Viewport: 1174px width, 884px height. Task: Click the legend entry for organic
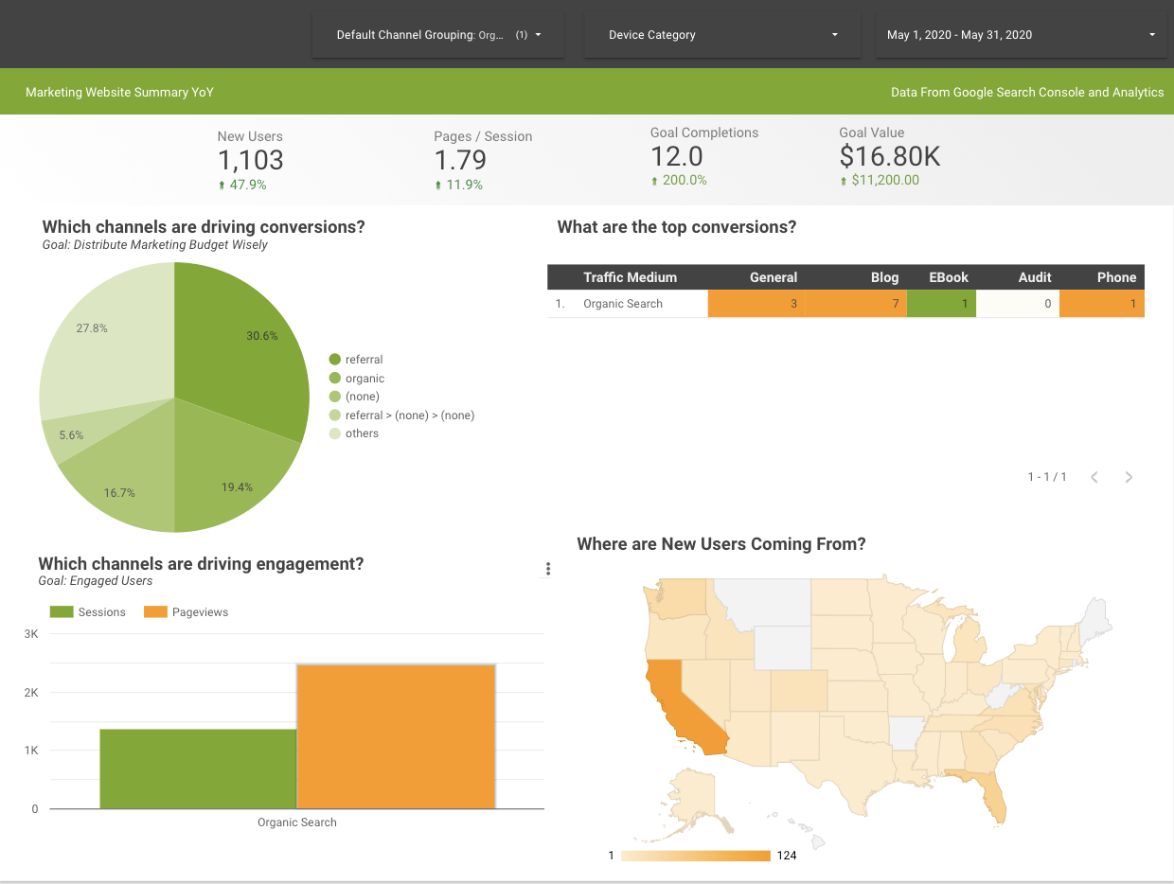click(x=364, y=379)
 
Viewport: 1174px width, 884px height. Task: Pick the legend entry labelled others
click(x=361, y=433)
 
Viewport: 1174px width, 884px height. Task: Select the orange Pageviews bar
click(x=396, y=736)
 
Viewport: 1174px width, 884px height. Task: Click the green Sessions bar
click(x=198, y=769)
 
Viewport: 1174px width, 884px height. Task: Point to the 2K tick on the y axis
click(x=32, y=693)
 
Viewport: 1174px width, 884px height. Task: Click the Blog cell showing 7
click(x=855, y=304)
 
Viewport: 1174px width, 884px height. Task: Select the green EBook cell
click(x=941, y=304)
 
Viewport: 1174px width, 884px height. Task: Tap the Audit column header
click(x=1034, y=277)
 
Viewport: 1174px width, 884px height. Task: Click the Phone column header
click(x=1116, y=277)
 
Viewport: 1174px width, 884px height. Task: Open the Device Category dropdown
click(x=722, y=35)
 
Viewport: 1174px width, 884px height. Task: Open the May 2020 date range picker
click(x=1020, y=35)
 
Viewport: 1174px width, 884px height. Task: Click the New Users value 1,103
click(x=251, y=161)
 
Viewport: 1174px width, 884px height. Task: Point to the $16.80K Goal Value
click(x=889, y=156)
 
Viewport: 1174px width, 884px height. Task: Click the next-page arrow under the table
click(x=1129, y=477)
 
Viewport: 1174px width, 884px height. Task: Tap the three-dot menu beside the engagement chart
click(x=548, y=569)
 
